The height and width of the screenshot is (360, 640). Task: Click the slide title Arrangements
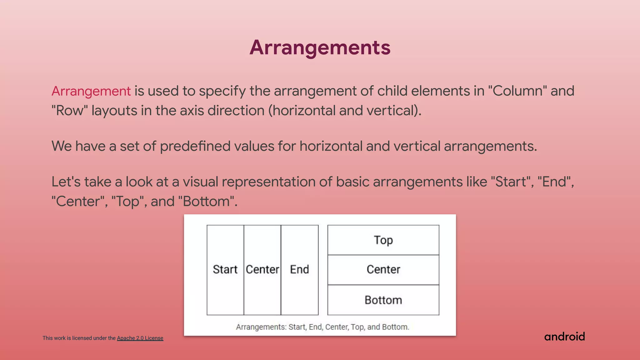click(320, 47)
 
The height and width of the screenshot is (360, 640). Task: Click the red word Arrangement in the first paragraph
click(91, 91)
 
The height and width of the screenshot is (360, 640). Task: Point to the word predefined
click(195, 146)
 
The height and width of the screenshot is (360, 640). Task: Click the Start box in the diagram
click(225, 269)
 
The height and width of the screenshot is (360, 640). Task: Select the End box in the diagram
click(299, 269)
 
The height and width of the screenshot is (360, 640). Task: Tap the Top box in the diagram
click(383, 240)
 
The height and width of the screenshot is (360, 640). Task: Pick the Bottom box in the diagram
click(383, 300)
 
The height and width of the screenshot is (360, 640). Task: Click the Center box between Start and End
click(262, 269)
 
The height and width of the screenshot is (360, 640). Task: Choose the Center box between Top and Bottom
click(383, 269)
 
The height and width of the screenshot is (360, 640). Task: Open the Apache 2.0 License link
click(140, 338)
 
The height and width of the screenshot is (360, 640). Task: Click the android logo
click(564, 337)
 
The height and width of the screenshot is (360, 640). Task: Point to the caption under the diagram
click(322, 327)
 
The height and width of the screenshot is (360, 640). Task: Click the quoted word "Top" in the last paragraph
click(129, 202)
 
